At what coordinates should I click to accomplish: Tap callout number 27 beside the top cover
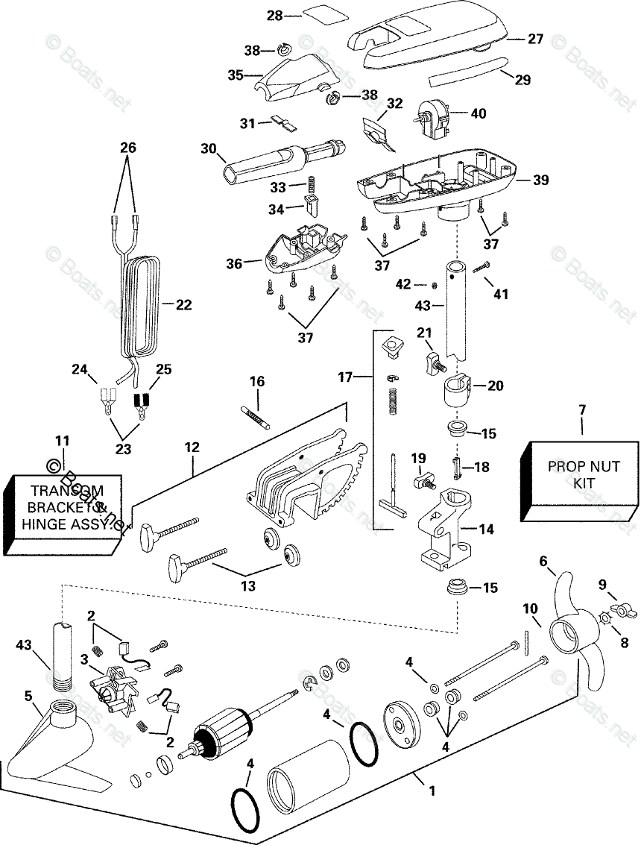coord(536,40)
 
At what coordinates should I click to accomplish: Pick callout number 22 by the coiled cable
coord(183,304)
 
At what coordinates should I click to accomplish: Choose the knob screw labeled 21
coord(434,364)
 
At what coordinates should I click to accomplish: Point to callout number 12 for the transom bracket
coord(192,447)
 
